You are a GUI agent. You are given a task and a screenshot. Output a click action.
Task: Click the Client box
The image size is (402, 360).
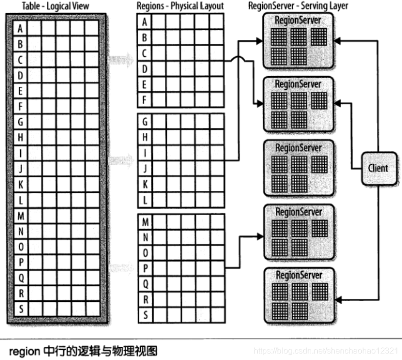378,168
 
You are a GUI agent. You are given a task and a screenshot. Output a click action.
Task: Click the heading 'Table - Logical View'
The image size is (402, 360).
54,6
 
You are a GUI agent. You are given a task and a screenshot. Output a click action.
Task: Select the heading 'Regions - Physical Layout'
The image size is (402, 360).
180,6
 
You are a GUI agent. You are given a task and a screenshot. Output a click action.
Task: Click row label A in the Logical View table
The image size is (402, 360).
20,29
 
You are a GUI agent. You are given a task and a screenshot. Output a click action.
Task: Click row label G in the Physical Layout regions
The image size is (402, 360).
145,122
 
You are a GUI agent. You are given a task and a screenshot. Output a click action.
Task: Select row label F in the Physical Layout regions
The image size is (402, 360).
145,99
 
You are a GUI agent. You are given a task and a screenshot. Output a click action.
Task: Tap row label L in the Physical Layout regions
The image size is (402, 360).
145,200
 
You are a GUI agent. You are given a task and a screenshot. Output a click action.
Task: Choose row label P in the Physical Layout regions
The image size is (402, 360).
145,268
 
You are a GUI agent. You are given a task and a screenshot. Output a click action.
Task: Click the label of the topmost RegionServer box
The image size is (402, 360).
298,20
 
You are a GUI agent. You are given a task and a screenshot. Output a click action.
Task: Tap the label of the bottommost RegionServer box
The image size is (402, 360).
298,275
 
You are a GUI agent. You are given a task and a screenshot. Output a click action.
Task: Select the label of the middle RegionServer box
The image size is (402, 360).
298,148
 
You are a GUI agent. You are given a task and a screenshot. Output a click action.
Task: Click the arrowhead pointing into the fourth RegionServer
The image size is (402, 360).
260,235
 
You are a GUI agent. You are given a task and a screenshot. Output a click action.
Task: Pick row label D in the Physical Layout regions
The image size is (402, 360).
145,68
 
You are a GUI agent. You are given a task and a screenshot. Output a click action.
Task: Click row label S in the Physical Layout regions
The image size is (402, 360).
145,315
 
